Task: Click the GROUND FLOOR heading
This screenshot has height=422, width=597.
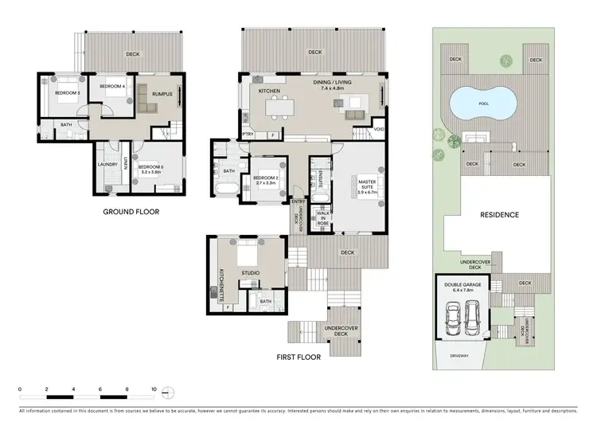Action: (131, 212)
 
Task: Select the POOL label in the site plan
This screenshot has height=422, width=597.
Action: (482, 102)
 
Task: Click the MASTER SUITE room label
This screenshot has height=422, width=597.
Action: (366, 185)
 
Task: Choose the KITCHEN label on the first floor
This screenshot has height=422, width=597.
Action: (270, 92)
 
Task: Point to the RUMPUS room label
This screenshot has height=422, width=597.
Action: (162, 92)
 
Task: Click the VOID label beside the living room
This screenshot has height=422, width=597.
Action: (379, 128)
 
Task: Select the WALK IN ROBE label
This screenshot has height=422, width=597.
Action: (323, 218)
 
